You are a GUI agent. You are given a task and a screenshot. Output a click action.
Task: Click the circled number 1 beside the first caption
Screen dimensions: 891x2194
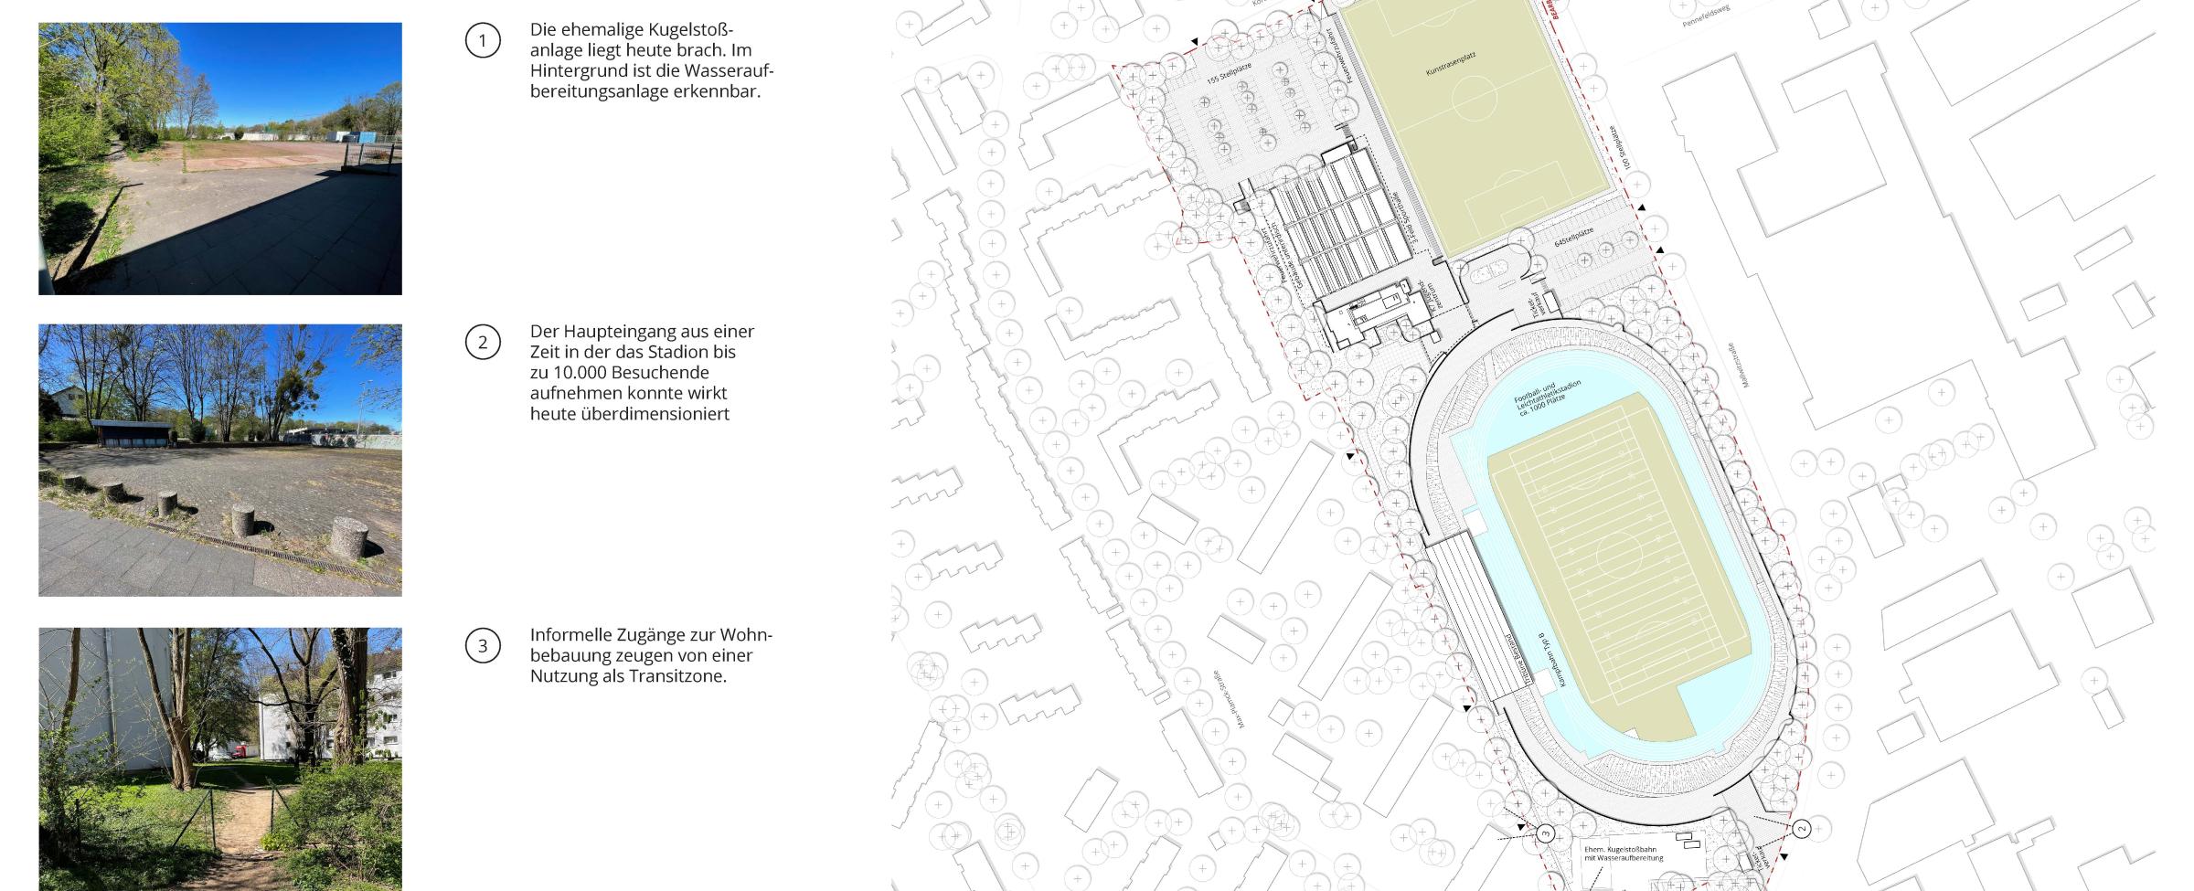click(x=483, y=40)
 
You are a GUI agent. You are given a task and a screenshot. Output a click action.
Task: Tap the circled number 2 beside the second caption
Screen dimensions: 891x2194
click(x=483, y=343)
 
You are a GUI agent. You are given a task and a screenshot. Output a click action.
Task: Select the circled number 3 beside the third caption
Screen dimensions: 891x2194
click(x=483, y=646)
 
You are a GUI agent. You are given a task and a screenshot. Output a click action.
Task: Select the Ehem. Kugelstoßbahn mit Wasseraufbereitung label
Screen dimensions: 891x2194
click(x=1623, y=854)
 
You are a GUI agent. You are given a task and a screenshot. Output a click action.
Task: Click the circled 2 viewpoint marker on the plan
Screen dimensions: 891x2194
click(x=1801, y=829)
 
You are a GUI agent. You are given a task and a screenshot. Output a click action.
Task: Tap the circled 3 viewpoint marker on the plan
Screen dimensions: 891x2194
click(x=1545, y=833)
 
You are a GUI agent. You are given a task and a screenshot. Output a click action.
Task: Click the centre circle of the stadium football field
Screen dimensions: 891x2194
click(x=1619, y=554)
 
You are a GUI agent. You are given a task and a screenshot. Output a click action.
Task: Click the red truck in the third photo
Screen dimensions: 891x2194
click(x=241, y=750)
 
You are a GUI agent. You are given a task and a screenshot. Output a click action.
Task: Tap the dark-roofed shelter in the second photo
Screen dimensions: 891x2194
click(x=132, y=434)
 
